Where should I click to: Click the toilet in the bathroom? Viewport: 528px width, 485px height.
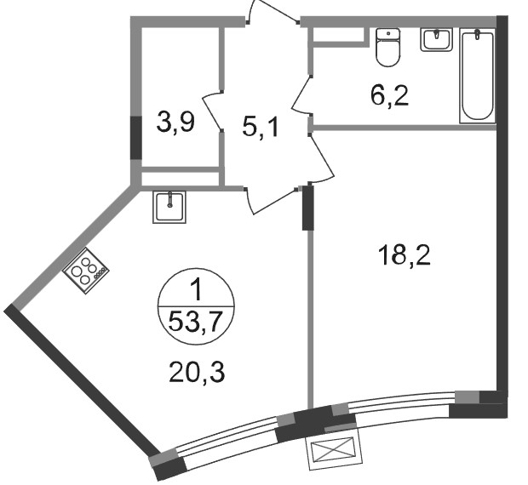tap(388, 47)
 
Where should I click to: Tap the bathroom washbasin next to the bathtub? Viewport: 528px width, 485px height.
tap(436, 39)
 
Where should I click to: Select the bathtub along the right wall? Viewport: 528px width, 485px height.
tap(478, 76)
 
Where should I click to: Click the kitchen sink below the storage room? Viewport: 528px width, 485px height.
tap(169, 207)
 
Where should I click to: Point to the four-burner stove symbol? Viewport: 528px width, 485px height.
tap(85, 271)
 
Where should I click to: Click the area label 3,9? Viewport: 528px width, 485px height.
tap(175, 123)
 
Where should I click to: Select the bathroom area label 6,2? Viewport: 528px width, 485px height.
tap(389, 96)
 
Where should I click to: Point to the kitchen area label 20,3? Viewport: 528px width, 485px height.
tap(197, 372)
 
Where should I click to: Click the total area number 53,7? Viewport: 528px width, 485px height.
tap(196, 322)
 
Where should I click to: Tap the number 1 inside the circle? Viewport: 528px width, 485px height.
tap(196, 290)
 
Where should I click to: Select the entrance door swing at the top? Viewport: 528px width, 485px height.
tap(273, 11)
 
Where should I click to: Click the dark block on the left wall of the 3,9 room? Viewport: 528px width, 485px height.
tap(136, 138)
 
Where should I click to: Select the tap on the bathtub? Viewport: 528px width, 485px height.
tap(478, 35)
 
